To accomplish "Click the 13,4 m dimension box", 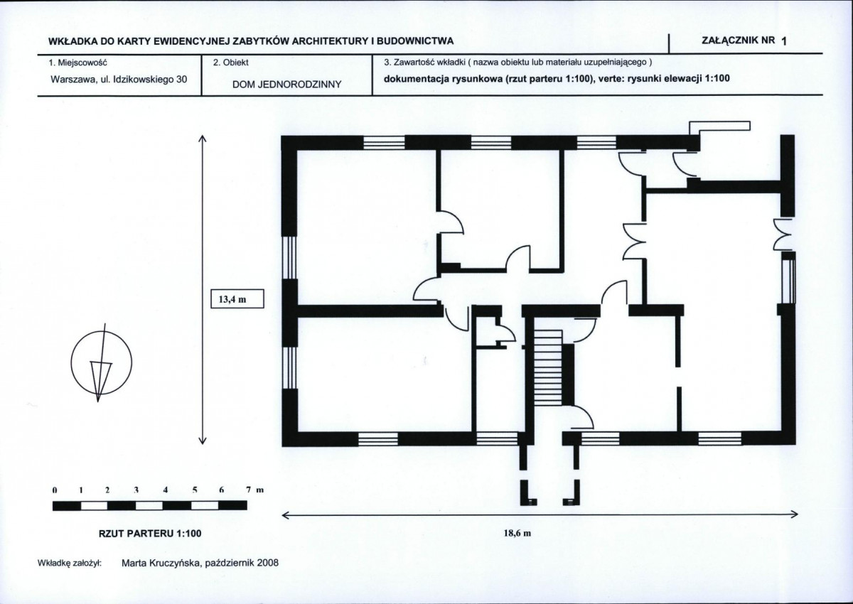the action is [x=237, y=298].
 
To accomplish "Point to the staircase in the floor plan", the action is [x=547, y=368].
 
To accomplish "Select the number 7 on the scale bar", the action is [x=249, y=490].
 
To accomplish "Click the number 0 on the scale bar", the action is [x=55, y=490].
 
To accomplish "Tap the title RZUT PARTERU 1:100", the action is [x=150, y=533].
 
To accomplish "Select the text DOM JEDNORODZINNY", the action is [x=286, y=85].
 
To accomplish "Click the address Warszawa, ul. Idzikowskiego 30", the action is [x=119, y=79].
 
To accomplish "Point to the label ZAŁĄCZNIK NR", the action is [x=738, y=41].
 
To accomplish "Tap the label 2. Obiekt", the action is [x=231, y=63].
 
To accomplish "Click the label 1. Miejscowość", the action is [x=77, y=62].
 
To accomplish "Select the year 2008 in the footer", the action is [x=268, y=563].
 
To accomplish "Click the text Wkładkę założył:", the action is [x=70, y=563].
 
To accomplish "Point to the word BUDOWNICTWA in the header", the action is [x=415, y=41].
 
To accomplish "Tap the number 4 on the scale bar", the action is [x=165, y=490].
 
